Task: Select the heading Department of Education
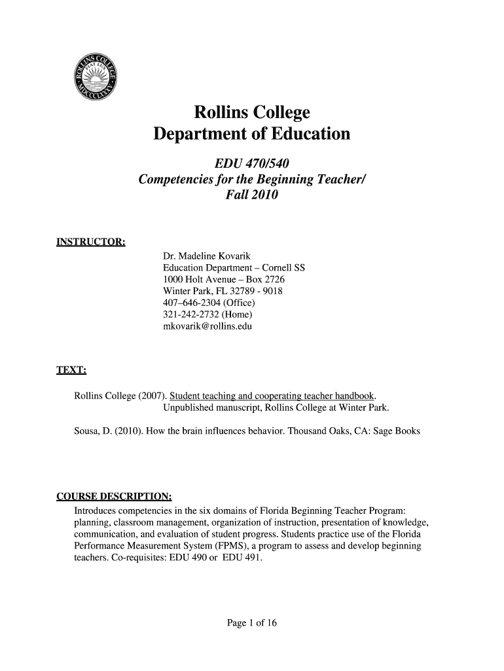(x=251, y=135)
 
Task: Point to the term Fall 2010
(x=252, y=195)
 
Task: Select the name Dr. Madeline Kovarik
(x=206, y=256)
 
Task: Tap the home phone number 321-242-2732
(x=190, y=314)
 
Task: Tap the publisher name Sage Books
(x=396, y=432)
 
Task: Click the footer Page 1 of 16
(x=252, y=623)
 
